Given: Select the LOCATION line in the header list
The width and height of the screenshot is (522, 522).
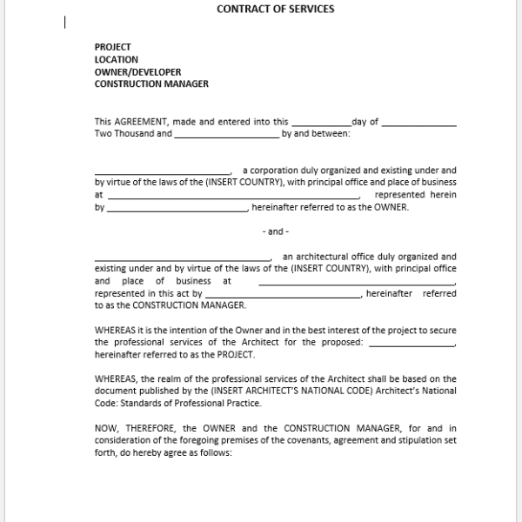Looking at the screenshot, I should [x=117, y=60].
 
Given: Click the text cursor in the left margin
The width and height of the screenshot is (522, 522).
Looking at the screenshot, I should [x=65, y=23].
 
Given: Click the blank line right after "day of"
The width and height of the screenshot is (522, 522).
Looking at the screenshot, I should [x=418, y=123].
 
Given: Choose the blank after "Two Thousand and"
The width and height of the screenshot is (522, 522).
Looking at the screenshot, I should [x=226, y=135].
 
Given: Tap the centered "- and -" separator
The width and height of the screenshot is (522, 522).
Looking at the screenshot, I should [x=275, y=231].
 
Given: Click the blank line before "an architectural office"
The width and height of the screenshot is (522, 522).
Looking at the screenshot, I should [x=183, y=258].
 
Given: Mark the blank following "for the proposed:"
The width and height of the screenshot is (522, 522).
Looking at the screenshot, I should [x=412, y=343].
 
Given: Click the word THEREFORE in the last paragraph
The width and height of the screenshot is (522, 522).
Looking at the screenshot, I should [x=147, y=428].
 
